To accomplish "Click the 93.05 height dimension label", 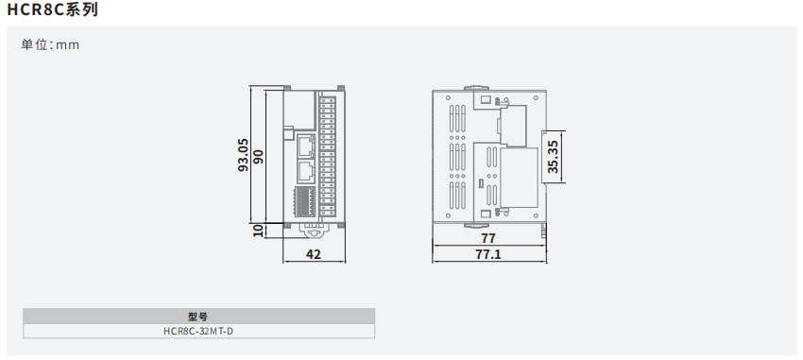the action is [244, 155].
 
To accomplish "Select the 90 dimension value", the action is [258, 157].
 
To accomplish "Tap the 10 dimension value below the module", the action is [258, 231].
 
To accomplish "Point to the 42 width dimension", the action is [314, 254].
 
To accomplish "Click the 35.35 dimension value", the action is [554, 156].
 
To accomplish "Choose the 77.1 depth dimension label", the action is [488, 254].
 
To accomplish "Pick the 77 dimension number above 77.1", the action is [488, 238].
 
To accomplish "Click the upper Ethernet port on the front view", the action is [305, 146].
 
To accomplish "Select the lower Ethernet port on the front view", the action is [305, 172].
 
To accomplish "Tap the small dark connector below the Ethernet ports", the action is [305, 201].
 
